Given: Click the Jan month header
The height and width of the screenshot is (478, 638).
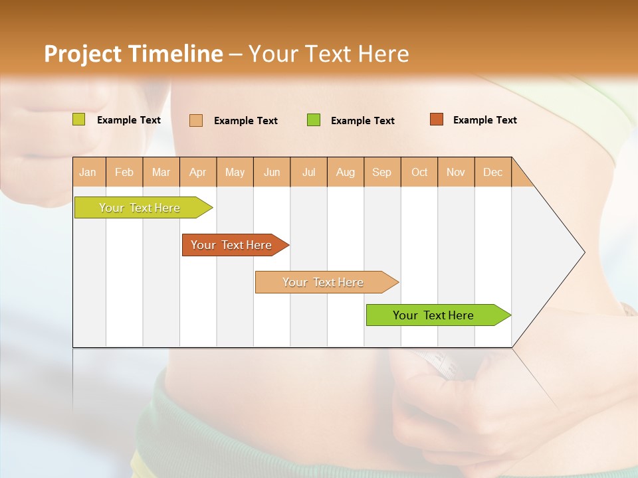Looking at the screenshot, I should (88, 172).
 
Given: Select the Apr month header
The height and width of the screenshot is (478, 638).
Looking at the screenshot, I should (198, 172).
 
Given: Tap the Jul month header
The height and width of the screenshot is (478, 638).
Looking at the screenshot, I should (308, 172).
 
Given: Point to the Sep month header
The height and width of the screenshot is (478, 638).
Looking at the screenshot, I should (382, 172).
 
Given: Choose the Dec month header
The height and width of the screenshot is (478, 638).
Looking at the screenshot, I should (492, 172).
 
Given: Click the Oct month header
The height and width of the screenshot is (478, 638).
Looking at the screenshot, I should (419, 172).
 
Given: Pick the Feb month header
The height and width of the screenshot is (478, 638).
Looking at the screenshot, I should (124, 172).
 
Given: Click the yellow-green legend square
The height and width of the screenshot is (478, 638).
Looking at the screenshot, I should (79, 119).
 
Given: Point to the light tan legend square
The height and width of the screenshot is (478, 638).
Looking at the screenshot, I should (196, 120).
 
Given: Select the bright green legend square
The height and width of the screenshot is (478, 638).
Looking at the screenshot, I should (314, 120).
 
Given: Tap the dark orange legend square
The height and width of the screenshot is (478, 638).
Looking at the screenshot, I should (437, 119).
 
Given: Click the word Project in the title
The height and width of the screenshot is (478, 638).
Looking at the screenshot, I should (82, 54).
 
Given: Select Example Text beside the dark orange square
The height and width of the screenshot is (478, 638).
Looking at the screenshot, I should (484, 120).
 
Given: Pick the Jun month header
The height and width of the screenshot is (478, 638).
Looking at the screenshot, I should (272, 172).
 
